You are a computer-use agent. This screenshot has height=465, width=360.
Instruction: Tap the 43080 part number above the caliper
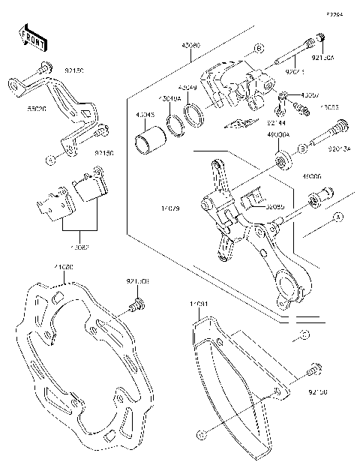click(x=191, y=45)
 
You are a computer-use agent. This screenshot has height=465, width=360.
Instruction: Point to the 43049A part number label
click(x=167, y=98)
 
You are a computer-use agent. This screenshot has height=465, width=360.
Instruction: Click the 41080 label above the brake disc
click(x=63, y=268)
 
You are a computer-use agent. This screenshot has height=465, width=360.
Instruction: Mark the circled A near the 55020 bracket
click(x=50, y=160)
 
